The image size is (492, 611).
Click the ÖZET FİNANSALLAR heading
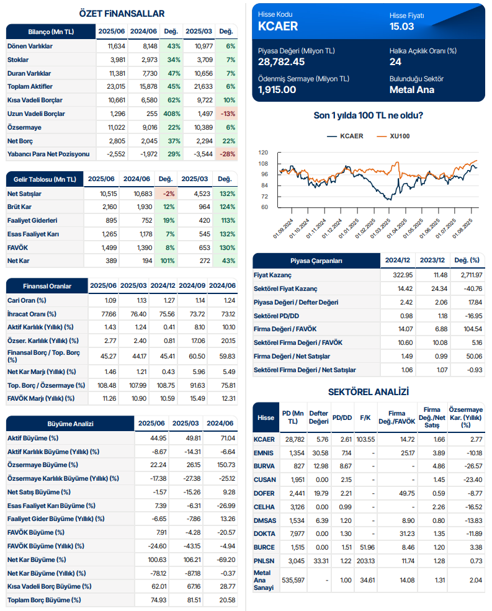coord(122,14)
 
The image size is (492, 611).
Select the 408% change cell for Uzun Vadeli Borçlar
coord(172,114)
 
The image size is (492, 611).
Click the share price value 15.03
coord(402,26)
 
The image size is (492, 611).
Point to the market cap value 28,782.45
coord(282,61)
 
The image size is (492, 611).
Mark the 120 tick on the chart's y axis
coord(263,153)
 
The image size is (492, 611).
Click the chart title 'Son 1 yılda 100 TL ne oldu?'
coord(369,115)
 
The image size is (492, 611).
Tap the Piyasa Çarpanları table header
coord(316,261)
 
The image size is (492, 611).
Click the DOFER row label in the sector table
coord(265,493)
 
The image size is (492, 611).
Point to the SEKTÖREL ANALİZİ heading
coord(369,391)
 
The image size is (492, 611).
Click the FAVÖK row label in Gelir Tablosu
coord(19,247)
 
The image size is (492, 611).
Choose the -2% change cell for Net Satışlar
coord(164,194)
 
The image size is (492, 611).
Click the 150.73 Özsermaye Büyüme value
coord(223,465)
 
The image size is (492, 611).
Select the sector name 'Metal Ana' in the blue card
coord(411,89)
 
